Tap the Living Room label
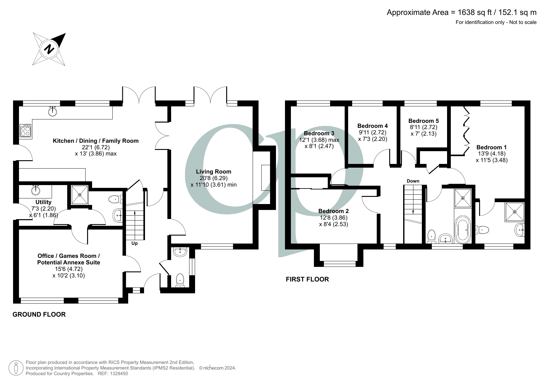click(213, 171)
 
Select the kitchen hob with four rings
click(25, 131)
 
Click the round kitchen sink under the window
click(53, 111)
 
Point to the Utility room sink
click(35, 189)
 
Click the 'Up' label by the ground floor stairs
click(134, 244)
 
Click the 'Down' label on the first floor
click(413, 181)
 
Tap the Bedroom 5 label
click(423, 121)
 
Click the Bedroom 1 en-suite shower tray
click(515, 212)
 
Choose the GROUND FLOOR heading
click(39, 314)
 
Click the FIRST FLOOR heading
click(307, 279)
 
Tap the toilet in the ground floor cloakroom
click(180, 280)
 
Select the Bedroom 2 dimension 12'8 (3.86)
click(334, 218)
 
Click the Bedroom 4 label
click(372, 126)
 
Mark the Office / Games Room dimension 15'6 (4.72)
click(68, 269)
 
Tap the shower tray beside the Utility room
click(80, 195)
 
